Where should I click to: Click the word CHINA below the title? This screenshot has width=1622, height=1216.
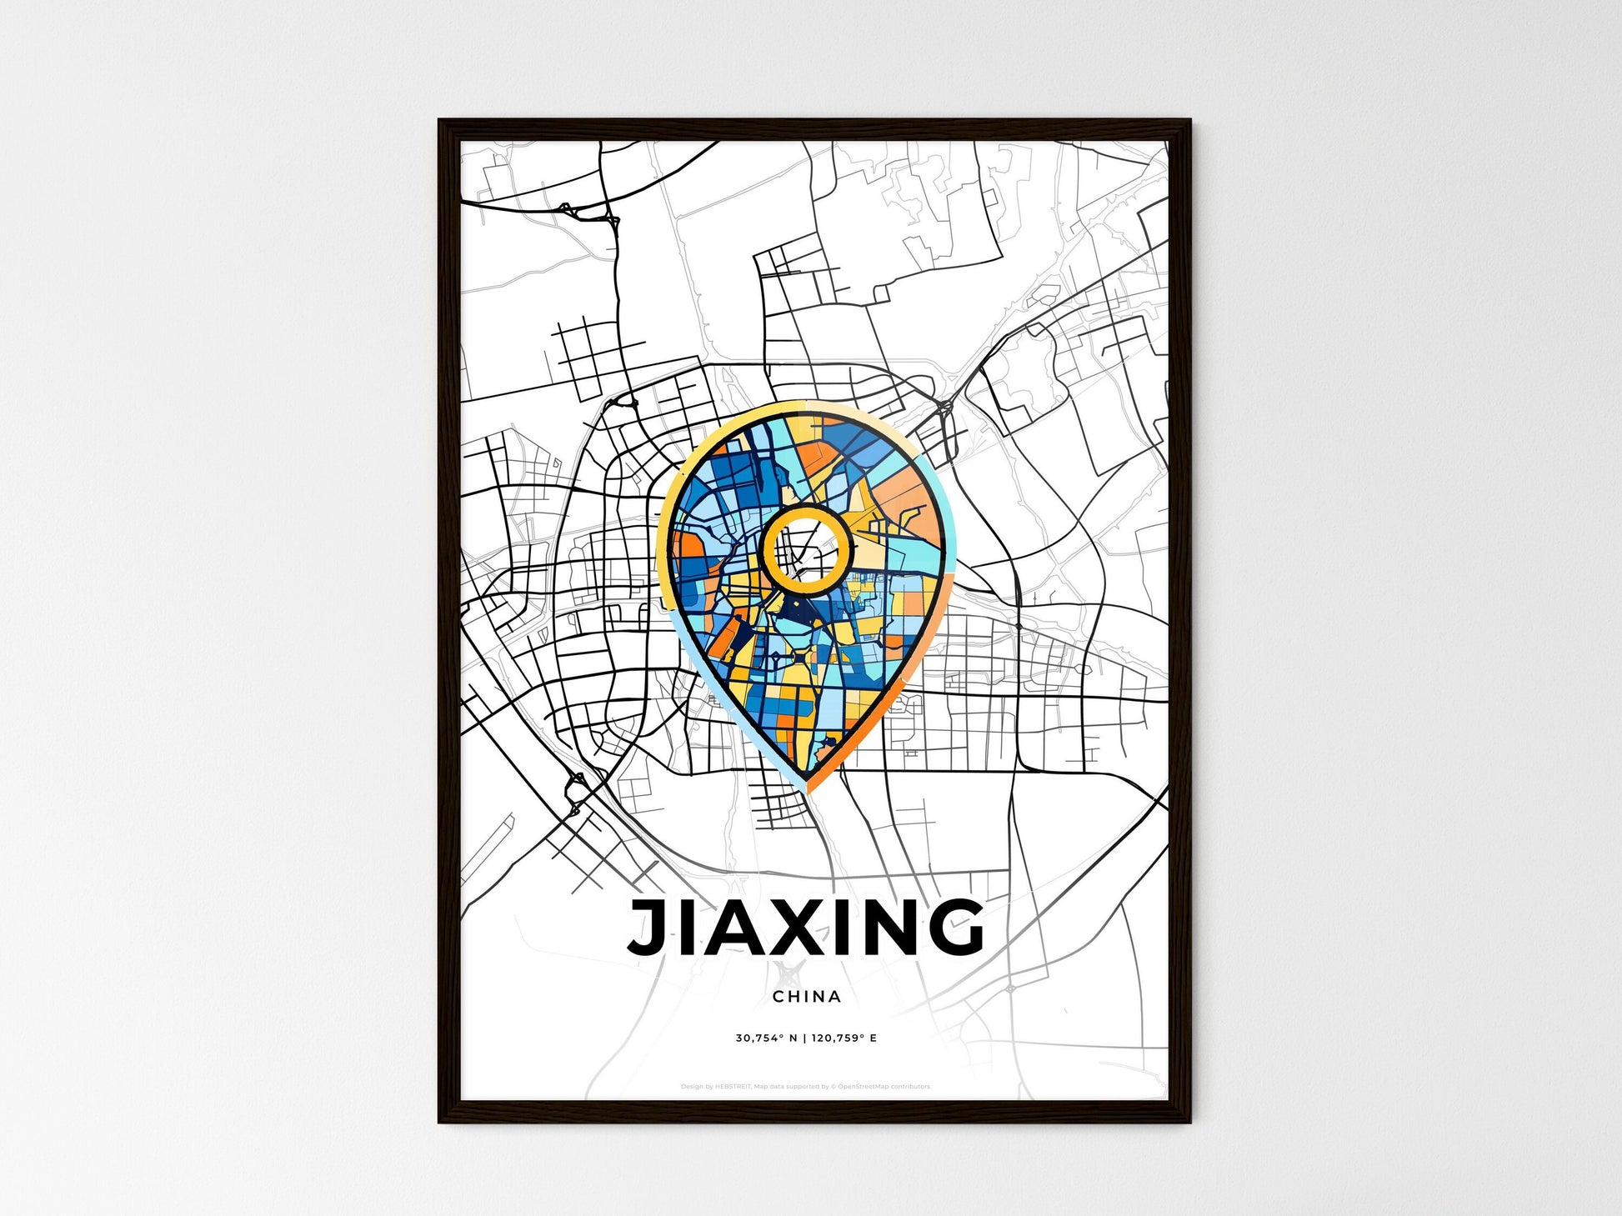click(806, 997)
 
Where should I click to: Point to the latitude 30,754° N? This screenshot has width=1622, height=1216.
click(766, 1038)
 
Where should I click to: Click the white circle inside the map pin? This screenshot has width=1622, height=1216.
click(806, 550)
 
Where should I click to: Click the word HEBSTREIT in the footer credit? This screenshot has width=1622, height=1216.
click(733, 1087)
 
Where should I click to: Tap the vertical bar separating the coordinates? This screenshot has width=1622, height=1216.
click(804, 1038)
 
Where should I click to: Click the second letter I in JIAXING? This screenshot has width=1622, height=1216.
click(835, 927)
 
